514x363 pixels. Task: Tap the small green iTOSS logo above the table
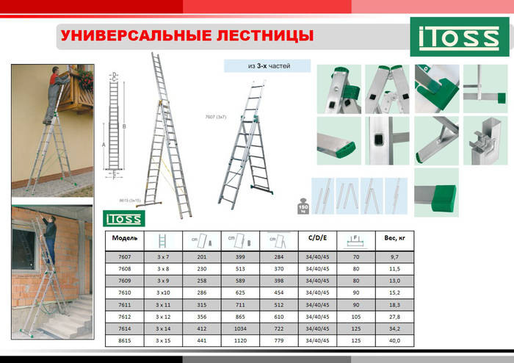coord(124,218)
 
